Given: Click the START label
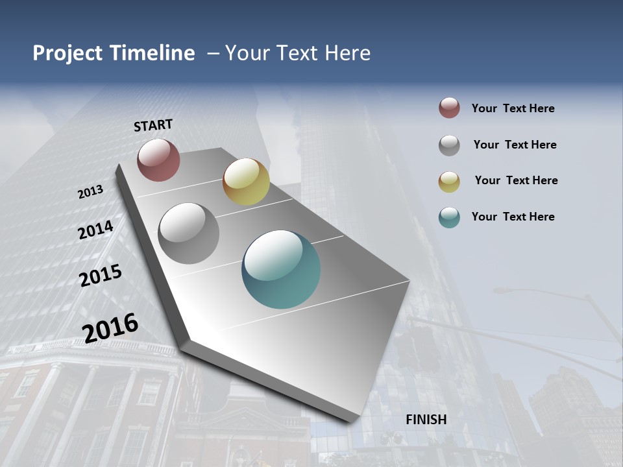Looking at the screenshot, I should pos(153,125).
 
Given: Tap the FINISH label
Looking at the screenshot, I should pos(426,419).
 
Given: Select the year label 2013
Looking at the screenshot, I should pos(91,191).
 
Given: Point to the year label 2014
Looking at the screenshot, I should pos(96,230).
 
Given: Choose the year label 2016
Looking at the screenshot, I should pos(110,328).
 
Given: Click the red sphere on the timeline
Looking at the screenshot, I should pos(158,160).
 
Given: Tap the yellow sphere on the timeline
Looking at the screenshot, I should pos(246,181).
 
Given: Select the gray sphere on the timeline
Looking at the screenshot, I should pos(188,233).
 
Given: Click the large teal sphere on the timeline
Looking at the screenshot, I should pos(281,269).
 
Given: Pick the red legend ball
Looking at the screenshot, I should pos(449,108).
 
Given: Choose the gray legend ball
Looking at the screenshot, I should pos(449,145).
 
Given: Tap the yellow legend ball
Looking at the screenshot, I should pos(449,181).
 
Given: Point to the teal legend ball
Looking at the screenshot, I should pos(449,217).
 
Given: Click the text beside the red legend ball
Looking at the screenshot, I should pos(513,108).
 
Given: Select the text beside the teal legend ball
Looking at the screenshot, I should pos(513,217).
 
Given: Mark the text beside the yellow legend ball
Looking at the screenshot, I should pos(516,180).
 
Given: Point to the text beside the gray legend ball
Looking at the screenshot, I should pos(515,145).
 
